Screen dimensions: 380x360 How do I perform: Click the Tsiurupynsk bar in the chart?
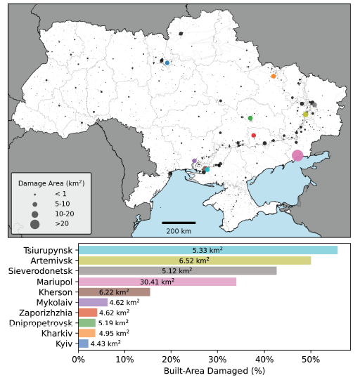[x=207, y=250]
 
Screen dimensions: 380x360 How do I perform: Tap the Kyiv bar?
[x=83, y=343]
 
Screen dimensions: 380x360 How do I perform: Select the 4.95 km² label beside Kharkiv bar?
[x=113, y=333]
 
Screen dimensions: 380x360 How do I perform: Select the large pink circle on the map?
[x=297, y=156]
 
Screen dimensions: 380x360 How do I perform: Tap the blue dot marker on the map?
[x=167, y=63]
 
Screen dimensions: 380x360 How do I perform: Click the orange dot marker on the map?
[x=274, y=76]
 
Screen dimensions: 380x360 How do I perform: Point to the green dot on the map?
[x=250, y=118]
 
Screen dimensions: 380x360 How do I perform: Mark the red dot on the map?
[x=254, y=135]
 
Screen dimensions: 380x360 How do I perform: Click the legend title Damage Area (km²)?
[x=52, y=182]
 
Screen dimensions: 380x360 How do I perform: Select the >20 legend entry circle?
[x=34, y=224]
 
